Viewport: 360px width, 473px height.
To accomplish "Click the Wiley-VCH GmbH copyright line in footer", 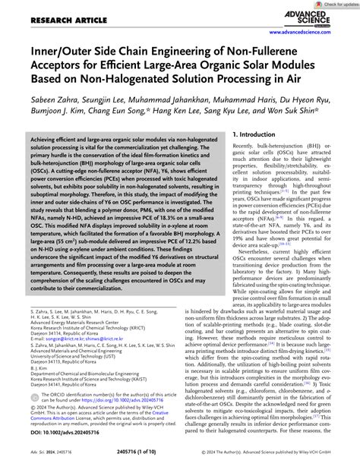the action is click(284, 462).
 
